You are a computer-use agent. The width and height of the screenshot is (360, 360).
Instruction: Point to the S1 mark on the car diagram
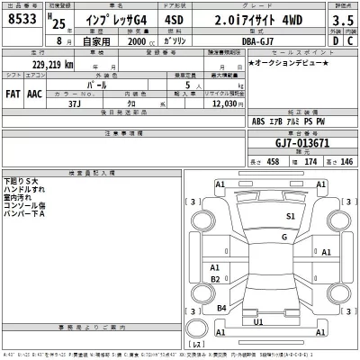pos(292,217)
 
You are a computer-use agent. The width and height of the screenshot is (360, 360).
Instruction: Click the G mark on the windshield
pos(283,237)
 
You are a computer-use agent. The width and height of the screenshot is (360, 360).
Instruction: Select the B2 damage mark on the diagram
pos(215,280)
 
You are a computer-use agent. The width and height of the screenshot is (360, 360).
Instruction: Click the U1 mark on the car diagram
pos(259,320)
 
